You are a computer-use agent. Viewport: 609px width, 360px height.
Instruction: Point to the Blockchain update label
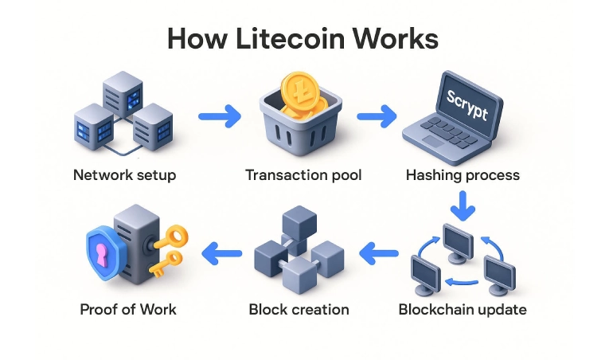point(462,308)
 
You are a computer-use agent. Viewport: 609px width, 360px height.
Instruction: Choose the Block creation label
point(299,308)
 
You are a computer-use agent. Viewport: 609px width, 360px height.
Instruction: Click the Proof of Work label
point(127,308)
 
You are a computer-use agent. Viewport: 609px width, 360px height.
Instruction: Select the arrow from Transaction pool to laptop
point(377,117)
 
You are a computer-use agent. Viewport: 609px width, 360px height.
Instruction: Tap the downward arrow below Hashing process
point(463,205)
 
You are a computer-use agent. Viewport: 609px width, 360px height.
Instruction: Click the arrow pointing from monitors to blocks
point(378,254)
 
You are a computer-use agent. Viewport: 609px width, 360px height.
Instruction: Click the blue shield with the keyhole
point(103,254)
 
